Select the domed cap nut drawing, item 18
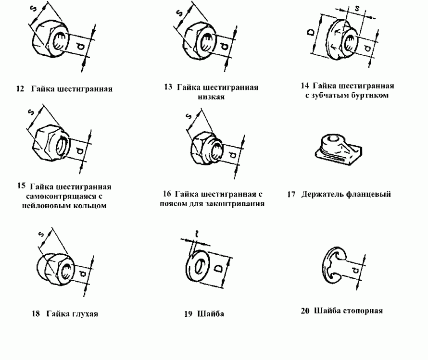point(54,267)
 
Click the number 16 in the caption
point(167,195)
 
